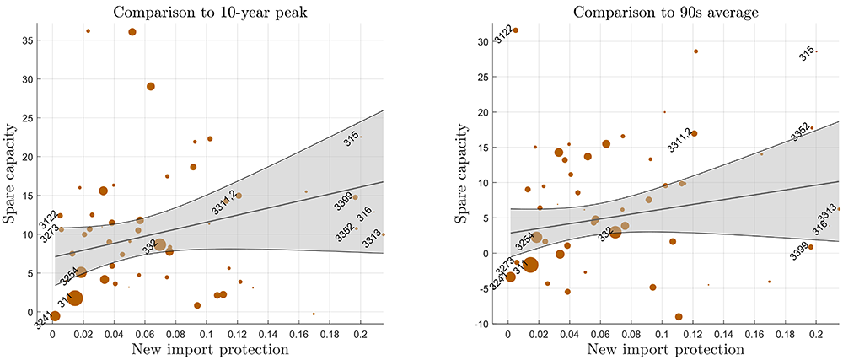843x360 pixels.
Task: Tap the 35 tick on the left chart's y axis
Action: pyautogui.click(x=40, y=40)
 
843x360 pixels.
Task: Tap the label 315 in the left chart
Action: pyautogui.click(x=352, y=140)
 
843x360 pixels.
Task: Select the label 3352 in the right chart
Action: pyautogui.click(x=800, y=132)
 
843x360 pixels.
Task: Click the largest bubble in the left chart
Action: pyautogui.click(x=75, y=298)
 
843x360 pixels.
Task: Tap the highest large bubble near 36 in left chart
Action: pyautogui.click(x=132, y=32)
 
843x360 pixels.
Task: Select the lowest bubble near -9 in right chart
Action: pyautogui.click(x=679, y=317)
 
